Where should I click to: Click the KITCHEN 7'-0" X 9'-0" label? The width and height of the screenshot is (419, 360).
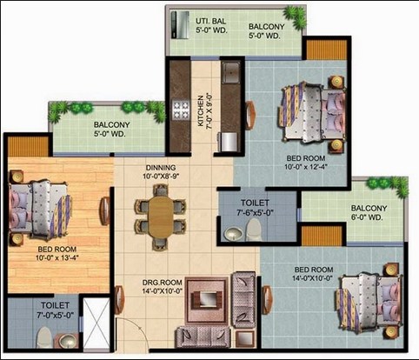204,111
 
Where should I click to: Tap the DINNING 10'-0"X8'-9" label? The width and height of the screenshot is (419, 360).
161,171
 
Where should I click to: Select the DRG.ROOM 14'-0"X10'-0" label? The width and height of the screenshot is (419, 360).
162,286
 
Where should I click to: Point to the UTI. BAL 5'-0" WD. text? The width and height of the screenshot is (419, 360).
211,25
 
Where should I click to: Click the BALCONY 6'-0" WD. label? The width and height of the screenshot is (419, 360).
369,212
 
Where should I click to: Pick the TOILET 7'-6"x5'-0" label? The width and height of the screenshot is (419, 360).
255,207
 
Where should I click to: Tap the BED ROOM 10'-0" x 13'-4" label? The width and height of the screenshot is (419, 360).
57,253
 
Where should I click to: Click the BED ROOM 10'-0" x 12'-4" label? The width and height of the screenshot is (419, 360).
307,163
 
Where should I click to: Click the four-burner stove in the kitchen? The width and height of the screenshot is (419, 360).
181,110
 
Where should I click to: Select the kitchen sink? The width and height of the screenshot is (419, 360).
230,73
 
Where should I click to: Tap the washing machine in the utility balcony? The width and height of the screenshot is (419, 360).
180,25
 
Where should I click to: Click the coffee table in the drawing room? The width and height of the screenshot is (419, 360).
207,299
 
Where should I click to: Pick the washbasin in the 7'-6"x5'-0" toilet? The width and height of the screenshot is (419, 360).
234,234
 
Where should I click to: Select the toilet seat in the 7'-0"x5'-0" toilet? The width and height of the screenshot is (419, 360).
44,337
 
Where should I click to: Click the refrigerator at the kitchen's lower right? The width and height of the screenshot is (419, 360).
229,142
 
